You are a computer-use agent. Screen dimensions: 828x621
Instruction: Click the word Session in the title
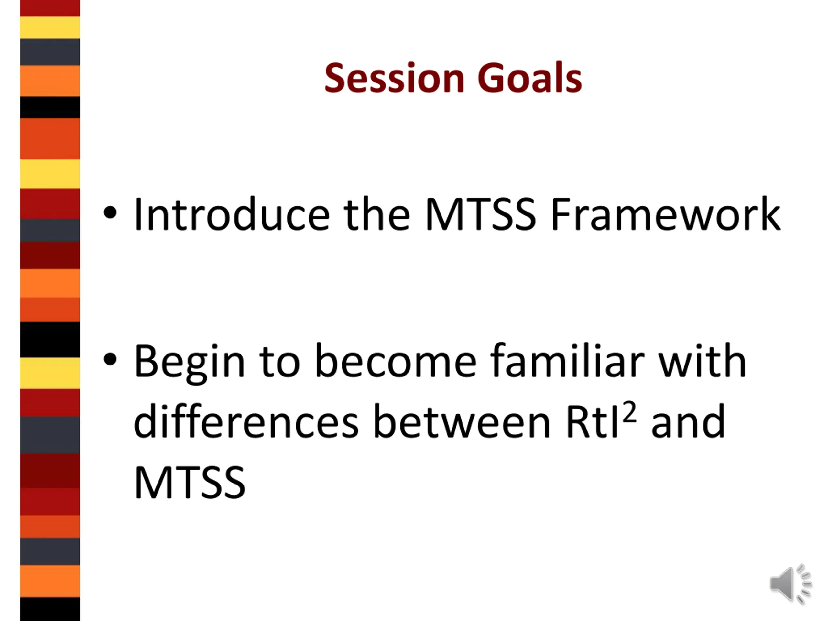(395, 78)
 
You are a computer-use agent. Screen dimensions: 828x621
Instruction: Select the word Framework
(666, 214)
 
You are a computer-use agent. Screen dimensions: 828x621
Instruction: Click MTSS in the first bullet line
(481, 214)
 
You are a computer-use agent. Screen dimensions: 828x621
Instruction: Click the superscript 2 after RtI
(630, 412)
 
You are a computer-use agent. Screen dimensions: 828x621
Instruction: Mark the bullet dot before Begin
(110, 359)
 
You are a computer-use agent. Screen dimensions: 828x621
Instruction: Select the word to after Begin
(280, 362)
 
